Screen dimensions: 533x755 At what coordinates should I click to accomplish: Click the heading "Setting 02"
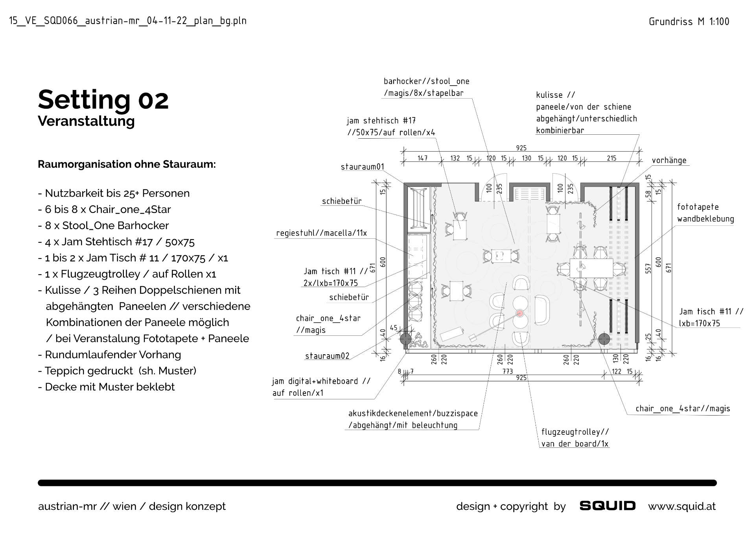(x=103, y=100)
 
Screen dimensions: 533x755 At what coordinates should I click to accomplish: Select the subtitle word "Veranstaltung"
(x=86, y=121)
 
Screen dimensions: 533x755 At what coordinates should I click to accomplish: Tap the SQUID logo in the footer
(x=607, y=506)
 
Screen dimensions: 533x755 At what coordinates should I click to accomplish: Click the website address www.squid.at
(x=682, y=506)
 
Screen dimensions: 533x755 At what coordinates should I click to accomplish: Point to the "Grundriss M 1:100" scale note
(x=689, y=22)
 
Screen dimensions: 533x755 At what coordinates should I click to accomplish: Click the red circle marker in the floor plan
(x=520, y=313)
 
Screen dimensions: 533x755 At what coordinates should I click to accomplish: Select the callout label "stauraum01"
(x=362, y=167)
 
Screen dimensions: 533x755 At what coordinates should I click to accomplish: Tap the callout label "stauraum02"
(x=327, y=356)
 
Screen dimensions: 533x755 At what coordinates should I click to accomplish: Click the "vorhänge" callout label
(x=669, y=161)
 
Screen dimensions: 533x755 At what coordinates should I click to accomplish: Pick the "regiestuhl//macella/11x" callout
(x=321, y=233)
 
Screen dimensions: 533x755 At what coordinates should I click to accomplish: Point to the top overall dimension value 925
(x=521, y=148)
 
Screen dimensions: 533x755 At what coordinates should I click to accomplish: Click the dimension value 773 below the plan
(x=507, y=371)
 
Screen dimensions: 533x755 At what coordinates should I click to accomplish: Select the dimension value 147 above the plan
(x=422, y=158)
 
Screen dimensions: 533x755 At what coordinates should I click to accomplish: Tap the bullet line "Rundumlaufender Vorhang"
(x=109, y=355)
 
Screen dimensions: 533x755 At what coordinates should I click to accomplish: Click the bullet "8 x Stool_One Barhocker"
(x=103, y=225)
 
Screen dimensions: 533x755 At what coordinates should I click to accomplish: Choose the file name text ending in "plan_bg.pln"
(x=128, y=21)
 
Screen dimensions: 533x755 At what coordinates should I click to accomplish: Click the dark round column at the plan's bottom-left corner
(x=405, y=339)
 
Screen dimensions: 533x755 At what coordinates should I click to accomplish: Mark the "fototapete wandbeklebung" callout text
(x=705, y=213)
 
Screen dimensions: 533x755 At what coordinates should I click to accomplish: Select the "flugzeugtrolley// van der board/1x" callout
(x=575, y=438)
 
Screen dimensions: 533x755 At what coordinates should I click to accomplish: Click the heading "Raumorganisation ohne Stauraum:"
(x=127, y=164)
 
